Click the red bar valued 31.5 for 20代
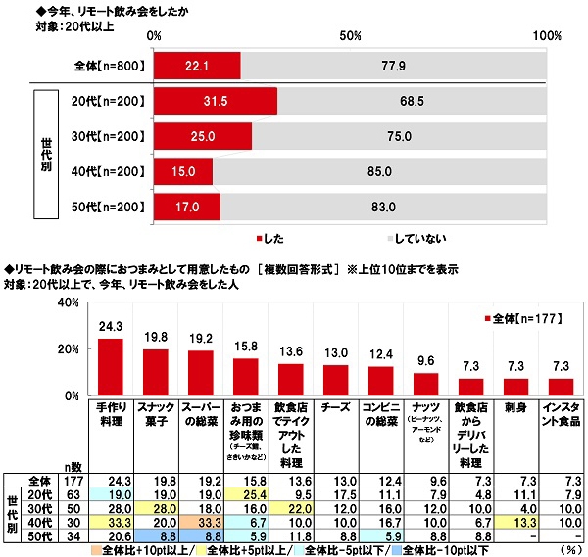(216, 102)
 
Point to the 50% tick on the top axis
(351, 35)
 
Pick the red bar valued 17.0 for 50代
(187, 207)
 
